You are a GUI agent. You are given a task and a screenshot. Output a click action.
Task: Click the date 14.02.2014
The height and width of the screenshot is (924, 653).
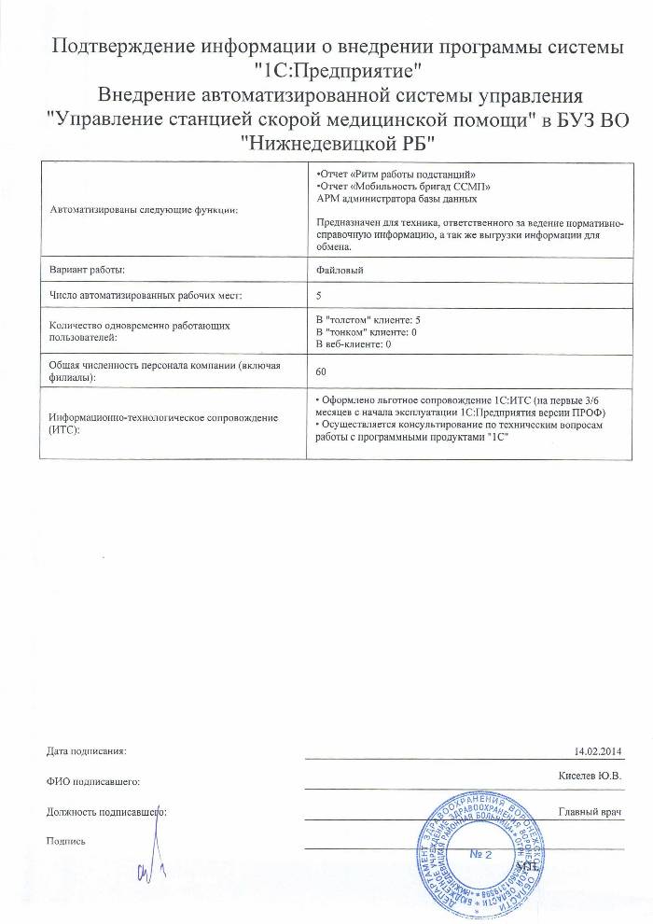598,750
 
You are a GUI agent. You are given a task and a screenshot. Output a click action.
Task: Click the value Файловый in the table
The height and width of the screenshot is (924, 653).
340,269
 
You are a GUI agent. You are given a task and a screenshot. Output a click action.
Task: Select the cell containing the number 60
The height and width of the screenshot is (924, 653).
322,371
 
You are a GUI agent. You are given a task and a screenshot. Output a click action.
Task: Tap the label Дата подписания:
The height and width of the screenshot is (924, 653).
85,750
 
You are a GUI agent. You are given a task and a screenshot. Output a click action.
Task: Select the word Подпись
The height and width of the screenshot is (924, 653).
66,841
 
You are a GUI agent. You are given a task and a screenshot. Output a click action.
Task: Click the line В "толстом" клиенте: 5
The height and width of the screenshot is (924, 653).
375,320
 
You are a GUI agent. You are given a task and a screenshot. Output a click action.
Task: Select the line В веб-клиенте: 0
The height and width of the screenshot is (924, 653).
354,344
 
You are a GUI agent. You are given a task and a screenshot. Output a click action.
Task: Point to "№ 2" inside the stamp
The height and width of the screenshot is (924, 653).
480,853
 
